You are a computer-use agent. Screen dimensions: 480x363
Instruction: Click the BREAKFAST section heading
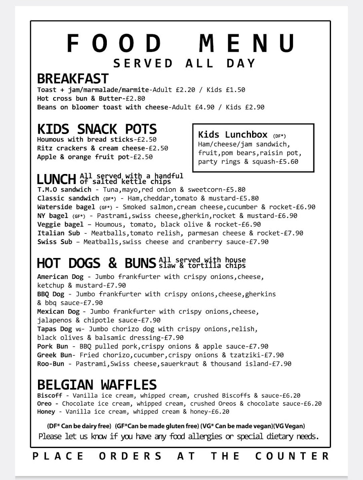[72, 78]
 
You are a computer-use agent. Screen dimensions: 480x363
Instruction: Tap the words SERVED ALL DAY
[184, 64]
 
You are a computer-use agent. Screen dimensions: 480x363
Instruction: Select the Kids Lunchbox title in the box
[233, 134]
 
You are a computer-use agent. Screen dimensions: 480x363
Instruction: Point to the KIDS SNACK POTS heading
[97, 129]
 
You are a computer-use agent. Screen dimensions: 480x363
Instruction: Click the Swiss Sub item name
[55, 242]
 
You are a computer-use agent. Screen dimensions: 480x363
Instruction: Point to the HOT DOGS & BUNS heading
[96, 263]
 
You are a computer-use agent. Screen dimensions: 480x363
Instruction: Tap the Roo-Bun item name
[51, 364]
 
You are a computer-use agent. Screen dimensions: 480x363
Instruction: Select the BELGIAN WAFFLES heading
[97, 385]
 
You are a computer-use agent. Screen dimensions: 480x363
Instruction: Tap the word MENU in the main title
[247, 43]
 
